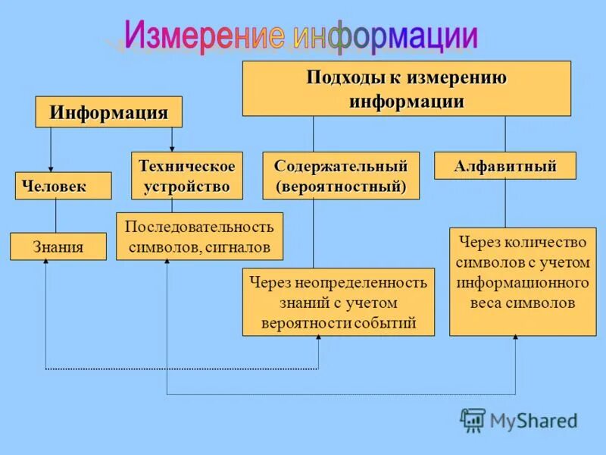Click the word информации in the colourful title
(385, 36)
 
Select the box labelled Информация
(108, 112)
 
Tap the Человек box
(63, 186)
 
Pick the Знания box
(58, 246)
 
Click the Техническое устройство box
(187, 176)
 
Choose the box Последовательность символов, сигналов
(199, 237)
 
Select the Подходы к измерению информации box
(406, 89)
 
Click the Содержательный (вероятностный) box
(340, 176)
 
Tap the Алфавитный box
(504, 165)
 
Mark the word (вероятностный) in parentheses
(340, 186)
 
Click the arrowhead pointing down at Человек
(51, 168)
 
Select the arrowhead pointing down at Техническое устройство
(172, 148)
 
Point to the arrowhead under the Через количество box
(515, 339)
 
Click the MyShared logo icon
(473, 419)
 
